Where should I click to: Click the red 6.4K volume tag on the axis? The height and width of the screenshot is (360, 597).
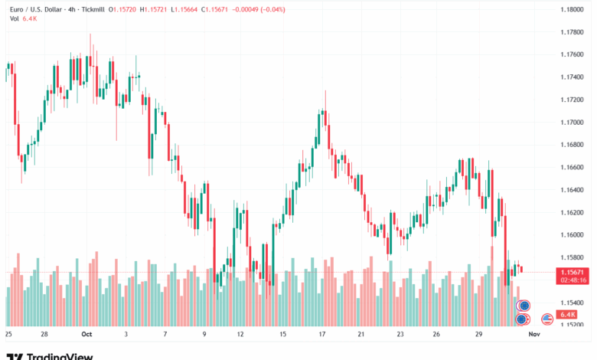568,315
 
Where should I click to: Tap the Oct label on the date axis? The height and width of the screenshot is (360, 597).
86,335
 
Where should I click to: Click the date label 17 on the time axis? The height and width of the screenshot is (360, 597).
322,335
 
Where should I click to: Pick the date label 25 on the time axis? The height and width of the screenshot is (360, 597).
8,335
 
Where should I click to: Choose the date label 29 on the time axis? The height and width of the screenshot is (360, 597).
478,335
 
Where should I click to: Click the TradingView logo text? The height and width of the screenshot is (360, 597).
60,356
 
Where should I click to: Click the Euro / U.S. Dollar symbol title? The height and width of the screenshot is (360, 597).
37,9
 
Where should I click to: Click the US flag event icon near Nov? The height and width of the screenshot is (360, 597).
547,319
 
